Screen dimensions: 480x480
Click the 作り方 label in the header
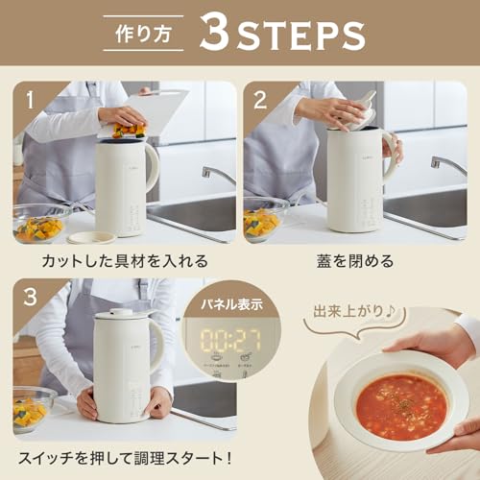[x=146, y=33]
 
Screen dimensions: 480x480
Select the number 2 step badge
[x=259, y=98]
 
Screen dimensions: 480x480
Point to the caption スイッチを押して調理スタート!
[x=127, y=458]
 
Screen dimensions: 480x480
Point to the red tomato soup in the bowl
[x=401, y=405]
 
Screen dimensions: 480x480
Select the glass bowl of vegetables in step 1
[x=39, y=225]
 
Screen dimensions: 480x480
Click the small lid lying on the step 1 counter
[x=91, y=236]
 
